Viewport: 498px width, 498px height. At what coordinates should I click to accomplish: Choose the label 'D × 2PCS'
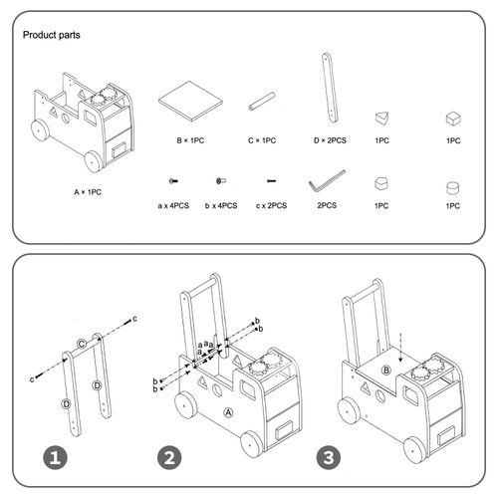327,141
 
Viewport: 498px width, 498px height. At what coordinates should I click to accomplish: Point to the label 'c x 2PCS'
270,205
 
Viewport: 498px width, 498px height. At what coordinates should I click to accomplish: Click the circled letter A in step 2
227,410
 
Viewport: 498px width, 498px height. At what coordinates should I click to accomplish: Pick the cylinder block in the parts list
453,185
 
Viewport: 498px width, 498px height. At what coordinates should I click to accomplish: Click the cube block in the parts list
453,119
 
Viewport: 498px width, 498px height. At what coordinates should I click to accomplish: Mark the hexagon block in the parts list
381,184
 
